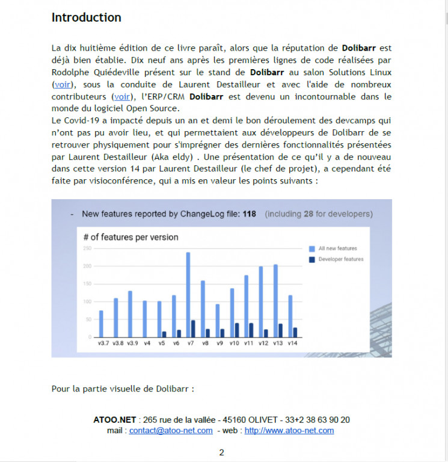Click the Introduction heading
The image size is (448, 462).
coord(86,17)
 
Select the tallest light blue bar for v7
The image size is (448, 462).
coord(188,295)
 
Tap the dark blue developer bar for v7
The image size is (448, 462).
coord(193,328)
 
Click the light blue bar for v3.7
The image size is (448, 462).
coord(101,324)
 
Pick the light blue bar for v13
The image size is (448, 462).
coord(275,301)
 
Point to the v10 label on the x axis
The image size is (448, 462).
coord(233,343)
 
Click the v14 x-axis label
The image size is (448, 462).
coord(292,343)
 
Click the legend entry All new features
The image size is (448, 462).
coord(337,248)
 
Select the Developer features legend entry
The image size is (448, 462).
coord(340,259)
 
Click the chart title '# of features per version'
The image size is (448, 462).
coord(130,237)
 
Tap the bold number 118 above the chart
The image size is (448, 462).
coord(250,214)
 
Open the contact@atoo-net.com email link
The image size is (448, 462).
coord(171,431)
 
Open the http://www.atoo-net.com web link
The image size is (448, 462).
coord(289,431)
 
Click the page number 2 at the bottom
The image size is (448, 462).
coord(221,452)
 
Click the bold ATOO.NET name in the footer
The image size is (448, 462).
coord(115,420)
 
